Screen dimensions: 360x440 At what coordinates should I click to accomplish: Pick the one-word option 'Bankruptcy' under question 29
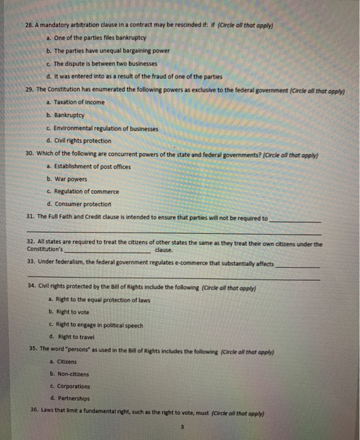pyautogui.click(x=69, y=116)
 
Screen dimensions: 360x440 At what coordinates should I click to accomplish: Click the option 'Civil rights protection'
pyautogui.click(x=83, y=141)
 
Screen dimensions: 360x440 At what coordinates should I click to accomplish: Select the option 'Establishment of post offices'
pyautogui.click(x=90, y=166)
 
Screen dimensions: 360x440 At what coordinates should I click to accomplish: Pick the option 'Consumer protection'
pyautogui.click(x=82, y=204)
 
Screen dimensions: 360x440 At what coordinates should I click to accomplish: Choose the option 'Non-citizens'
pyautogui.click(x=73, y=374)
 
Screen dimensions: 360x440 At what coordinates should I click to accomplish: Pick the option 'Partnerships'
pyautogui.click(x=73, y=398)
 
